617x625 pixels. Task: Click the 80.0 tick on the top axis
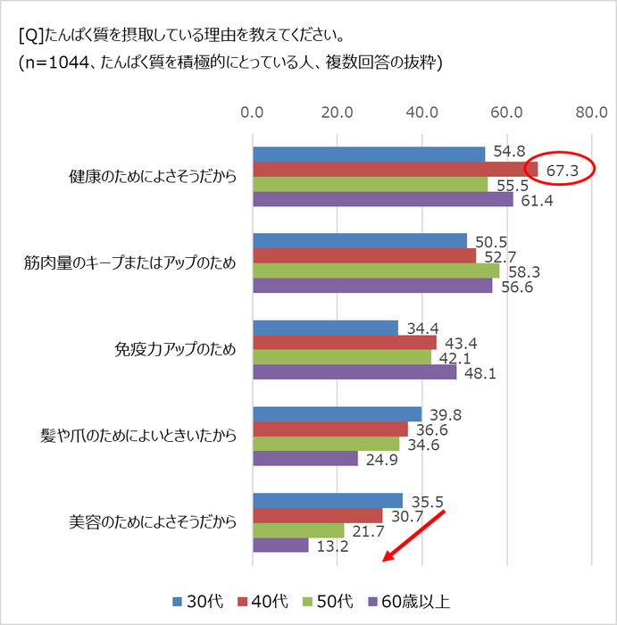coord(591,113)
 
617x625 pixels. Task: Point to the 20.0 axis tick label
coord(337,113)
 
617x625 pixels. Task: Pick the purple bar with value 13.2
coord(280,545)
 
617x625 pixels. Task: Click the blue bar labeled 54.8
coord(369,154)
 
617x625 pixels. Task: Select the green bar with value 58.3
coord(376,271)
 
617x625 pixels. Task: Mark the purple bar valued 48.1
coord(354,371)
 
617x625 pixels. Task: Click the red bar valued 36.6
coord(330,429)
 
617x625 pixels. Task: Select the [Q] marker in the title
coord(29,37)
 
